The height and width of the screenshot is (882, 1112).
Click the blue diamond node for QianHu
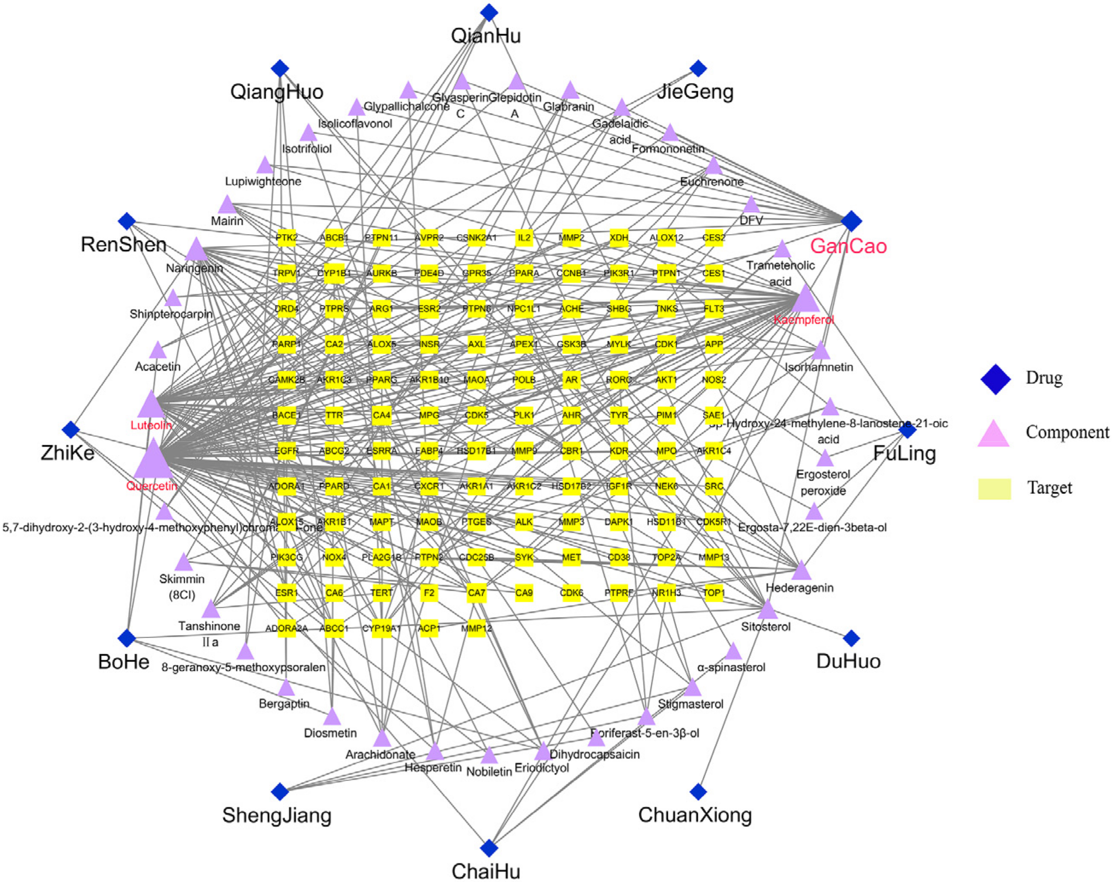click(488, 12)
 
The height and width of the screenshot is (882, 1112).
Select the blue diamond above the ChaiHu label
click(488, 847)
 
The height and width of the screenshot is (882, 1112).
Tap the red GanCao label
click(848, 246)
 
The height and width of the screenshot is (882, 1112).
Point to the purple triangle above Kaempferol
click(804, 299)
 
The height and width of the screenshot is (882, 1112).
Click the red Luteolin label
click(151, 425)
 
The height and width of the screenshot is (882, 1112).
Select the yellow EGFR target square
click(286, 451)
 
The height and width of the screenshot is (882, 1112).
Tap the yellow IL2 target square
click(523, 238)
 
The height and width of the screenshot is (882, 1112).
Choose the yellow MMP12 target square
click(476, 628)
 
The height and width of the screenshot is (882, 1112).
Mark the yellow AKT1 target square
click(666, 380)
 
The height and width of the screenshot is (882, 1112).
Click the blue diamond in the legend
click(995, 379)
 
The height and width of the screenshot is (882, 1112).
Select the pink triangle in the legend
click(993, 434)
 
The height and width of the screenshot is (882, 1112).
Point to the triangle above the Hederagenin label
click(801, 571)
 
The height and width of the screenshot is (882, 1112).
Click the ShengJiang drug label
click(276, 815)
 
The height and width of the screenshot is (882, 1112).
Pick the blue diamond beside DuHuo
click(851, 638)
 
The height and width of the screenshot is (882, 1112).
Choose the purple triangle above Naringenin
click(196, 250)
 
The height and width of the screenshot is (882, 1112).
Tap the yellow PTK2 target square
click(286, 238)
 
